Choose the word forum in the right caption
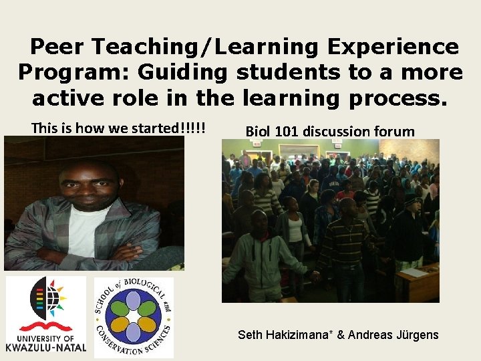click(393, 131)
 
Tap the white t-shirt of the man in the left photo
click(87, 227)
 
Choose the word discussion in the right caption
click(334, 131)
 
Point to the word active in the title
click(69, 98)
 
